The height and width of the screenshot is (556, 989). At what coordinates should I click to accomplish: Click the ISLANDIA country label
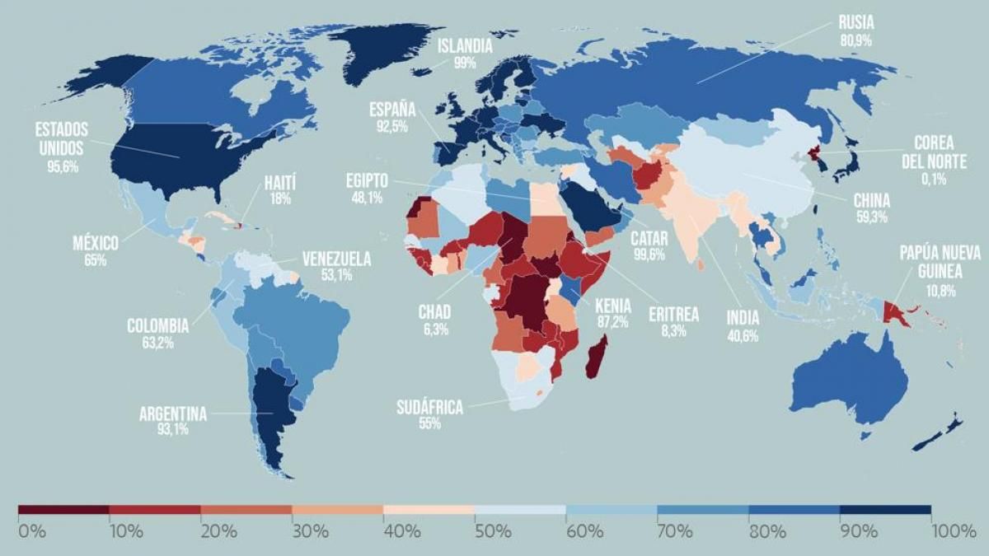(465, 47)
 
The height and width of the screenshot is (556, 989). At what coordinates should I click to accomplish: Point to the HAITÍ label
(279, 183)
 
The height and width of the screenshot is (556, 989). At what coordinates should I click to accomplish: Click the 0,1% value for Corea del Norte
(934, 178)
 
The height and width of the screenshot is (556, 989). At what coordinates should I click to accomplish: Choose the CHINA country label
(871, 201)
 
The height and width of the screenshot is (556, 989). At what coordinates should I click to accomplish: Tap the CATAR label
(649, 239)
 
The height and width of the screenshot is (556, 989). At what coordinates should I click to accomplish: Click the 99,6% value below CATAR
(648, 255)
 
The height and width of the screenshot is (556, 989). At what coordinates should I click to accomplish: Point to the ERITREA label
(673, 314)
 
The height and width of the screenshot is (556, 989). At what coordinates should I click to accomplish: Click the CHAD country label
(434, 313)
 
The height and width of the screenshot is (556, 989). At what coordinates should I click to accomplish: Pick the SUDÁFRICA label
(429, 407)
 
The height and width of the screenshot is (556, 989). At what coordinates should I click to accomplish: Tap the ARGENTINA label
(173, 414)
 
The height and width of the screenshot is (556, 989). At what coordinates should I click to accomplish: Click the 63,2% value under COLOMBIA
(157, 343)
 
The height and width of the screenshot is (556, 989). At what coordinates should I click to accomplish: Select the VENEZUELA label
(336, 259)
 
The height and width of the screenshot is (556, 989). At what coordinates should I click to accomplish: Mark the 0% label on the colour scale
(31, 531)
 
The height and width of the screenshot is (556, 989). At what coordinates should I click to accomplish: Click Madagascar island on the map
(598, 357)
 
